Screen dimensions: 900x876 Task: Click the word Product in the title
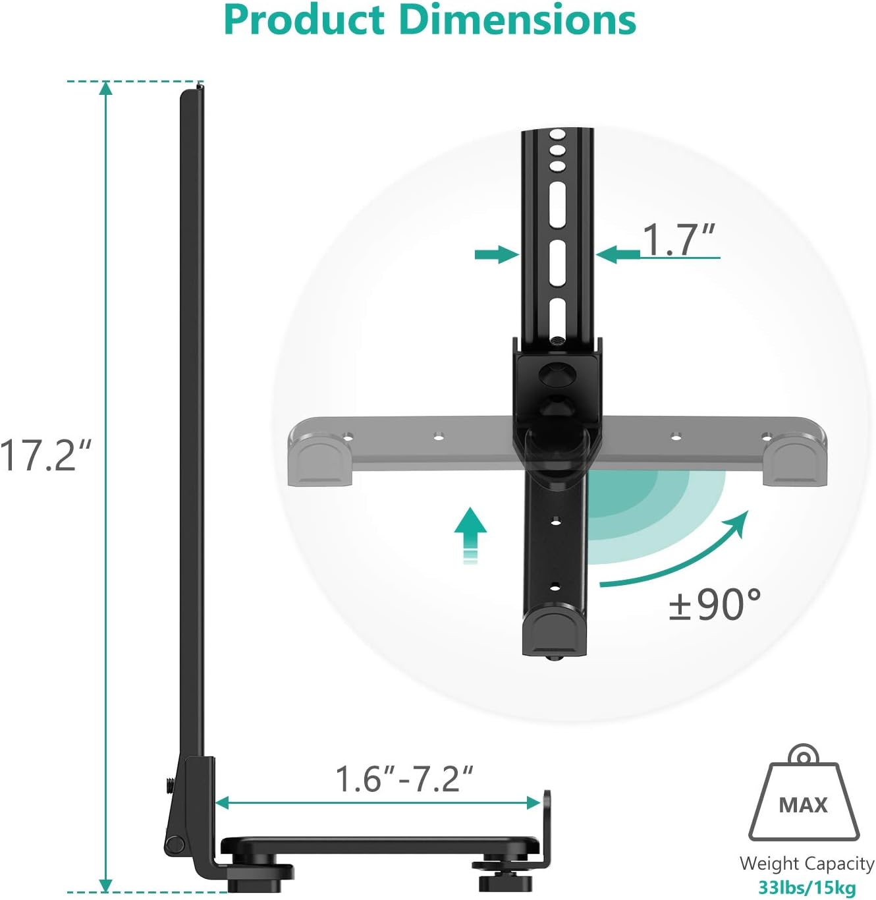pyautogui.click(x=304, y=20)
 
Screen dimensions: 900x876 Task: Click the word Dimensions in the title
pyautogui.click(x=517, y=20)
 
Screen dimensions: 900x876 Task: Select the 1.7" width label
pyautogui.click(x=678, y=239)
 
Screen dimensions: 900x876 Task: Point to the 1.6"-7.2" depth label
pyautogui.click(x=404, y=779)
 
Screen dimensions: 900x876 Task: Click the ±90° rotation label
pyautogui.click(x=715, y=604)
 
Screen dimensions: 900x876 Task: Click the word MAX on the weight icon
pyautogui.click(x=803, y=805)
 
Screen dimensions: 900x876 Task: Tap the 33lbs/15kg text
pyautogui.click(x=807, y=887)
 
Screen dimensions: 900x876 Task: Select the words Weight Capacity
pyautogui.click(x=806, y=863)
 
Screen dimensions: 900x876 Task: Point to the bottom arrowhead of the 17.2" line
pyautogui.click(x=105, y=885)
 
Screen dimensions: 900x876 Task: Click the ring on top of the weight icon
pyautogui.click(x=804, y=755)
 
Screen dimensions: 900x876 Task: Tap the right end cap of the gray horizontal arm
pyautogui.click(x=793, y=458)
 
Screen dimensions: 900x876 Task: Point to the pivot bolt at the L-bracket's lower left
pyautogui.click(x=175, y=843)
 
